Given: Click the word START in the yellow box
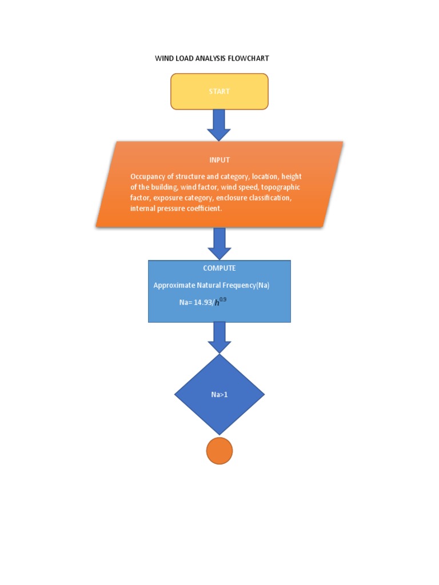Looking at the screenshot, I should pos(219,91).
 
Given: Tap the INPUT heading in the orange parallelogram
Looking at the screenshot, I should pos(219,160).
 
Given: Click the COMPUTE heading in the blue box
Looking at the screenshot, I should pos(219,268).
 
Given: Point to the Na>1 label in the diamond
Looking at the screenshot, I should pos(219,394).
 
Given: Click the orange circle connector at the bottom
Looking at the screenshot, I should pos(219,451).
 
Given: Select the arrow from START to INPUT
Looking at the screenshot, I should pos(219,125).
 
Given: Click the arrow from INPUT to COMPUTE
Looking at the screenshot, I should pos(219,243).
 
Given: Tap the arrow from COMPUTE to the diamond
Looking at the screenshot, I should pos(219,338).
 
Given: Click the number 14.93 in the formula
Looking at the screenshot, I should pos(203,303).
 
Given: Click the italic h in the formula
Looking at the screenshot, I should pos(217,303).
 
